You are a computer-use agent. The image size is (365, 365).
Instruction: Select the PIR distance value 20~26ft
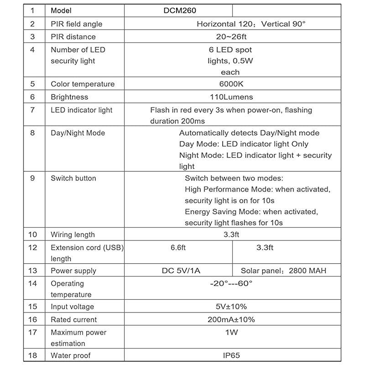click(231, 36)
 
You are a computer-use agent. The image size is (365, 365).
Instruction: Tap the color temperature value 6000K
click(231, 84)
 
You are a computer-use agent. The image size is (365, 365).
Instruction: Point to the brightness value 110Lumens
click(231, 97)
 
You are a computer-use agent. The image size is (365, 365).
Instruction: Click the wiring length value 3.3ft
click(231, 235)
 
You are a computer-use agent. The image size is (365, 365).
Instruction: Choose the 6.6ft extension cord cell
click(178, 247)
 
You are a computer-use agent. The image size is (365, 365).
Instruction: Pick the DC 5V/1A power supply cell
click(181, 271)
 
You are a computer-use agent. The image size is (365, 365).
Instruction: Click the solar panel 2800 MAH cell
click(284, 271)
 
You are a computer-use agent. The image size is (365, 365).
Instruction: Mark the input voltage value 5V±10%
click(231, 307)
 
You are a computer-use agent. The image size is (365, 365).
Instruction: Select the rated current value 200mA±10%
click(231, 319)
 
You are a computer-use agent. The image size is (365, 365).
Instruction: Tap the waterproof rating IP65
click(231, 355)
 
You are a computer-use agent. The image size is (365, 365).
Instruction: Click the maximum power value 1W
click(231, 332)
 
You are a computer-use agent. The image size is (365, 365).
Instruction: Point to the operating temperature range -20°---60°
click(231, 283)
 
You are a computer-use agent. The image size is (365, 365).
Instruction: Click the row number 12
click(32, 247)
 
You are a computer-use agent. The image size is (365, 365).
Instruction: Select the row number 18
click(32, 355)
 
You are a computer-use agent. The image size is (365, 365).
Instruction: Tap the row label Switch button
click(73, 178)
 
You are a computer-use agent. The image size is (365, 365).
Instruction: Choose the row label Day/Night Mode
click(78, 133)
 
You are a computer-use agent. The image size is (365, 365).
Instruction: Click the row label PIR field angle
click(77, 24)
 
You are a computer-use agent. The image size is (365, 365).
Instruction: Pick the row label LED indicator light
click(82, 110)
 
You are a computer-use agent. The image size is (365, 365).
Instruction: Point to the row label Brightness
click(69, 97)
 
